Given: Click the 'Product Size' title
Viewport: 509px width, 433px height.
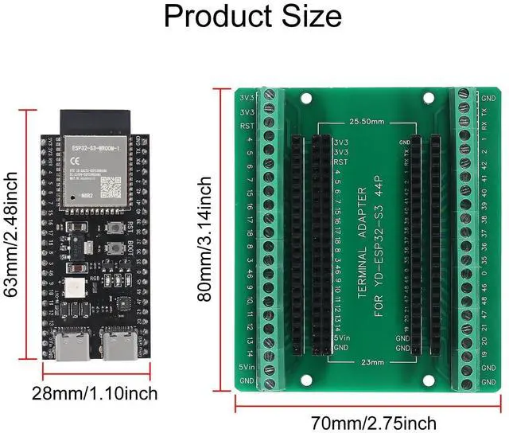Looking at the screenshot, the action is (x=254, y=16).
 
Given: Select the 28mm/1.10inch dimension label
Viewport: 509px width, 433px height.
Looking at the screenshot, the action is (x=95, y=393).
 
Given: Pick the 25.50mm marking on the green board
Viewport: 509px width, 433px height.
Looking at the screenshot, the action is (x=367, y=123).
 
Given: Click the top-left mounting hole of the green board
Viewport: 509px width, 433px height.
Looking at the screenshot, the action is (x=306, y=99).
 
